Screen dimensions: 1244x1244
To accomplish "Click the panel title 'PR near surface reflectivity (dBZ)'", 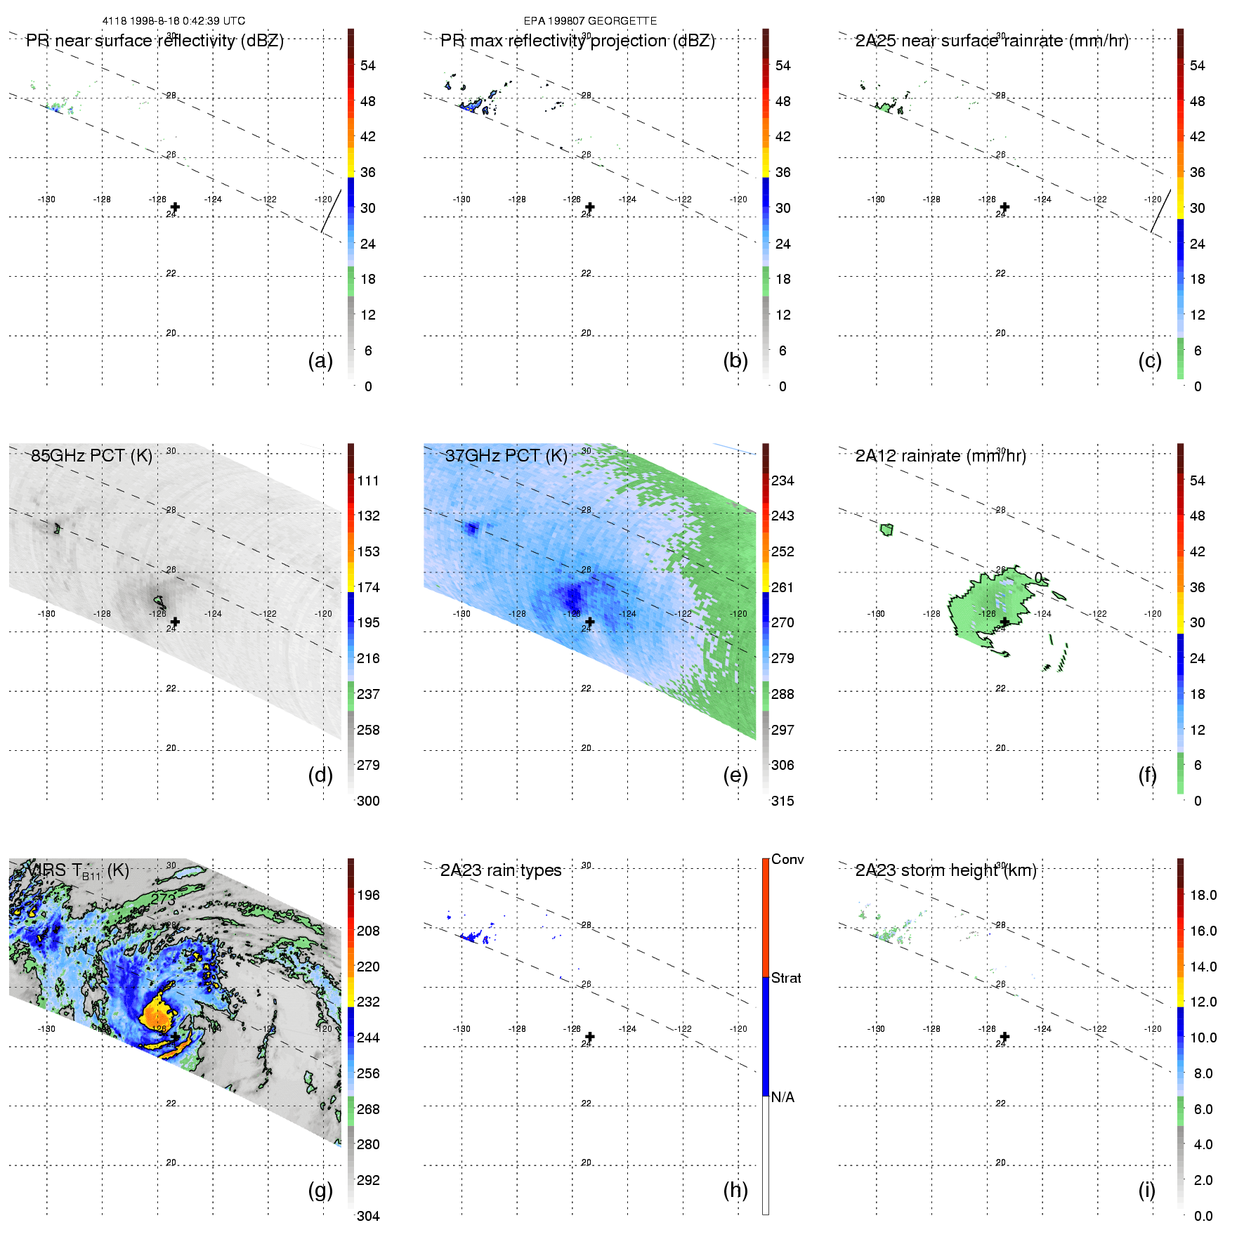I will (x=155, y=41).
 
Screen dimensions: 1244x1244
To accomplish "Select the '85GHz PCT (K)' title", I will (x=91, y=455).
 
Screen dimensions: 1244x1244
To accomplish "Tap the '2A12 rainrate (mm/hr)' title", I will (x=940, y=456).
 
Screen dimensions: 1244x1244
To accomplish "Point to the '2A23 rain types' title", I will (x=500, y=870).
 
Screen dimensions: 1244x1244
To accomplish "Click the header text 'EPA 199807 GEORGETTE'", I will (x=590, y=21).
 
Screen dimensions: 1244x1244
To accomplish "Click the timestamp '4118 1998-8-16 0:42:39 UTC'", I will (x=173, y=21).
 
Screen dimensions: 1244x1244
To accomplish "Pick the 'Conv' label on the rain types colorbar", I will (x=787, y=859).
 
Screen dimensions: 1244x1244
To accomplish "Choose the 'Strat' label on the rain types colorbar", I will (x=786, y=978).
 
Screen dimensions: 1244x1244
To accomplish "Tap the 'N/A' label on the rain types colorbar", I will (x=783, y=1097).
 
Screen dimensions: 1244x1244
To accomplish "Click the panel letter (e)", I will (x=735, y=775).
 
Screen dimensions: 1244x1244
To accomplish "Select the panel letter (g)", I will (x=320, y=1190).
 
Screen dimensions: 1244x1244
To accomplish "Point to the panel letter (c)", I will (x=1150, y=360).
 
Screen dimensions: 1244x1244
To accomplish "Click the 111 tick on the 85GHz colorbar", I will (x=368, y=480).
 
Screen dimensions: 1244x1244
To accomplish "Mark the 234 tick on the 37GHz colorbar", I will (x=783, y=480).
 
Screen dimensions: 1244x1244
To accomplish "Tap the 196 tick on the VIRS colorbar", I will (x=368, y=895).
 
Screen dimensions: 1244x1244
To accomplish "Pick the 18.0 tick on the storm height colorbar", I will (x=1203, y=895).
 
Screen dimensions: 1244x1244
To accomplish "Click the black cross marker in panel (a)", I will (x=175, y=207).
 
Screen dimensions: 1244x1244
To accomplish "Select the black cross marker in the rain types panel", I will (x=590, y=1037).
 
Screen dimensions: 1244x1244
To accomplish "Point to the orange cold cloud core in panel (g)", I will (x=159, y=1016).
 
